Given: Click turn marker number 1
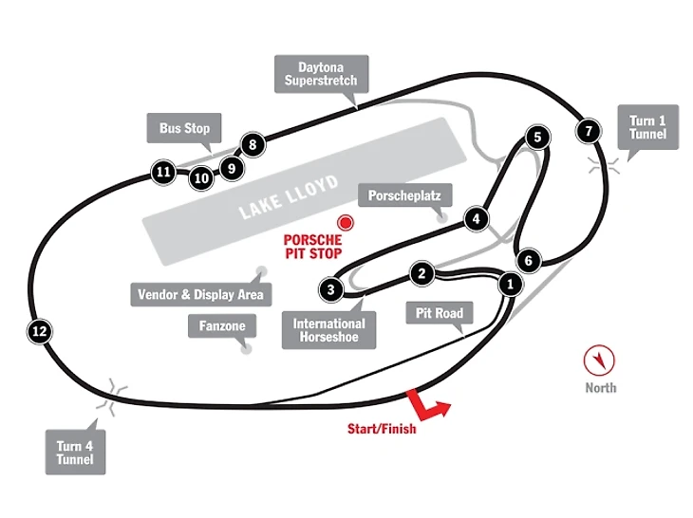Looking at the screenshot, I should coord(511,283).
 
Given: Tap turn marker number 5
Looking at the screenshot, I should coord(537,138).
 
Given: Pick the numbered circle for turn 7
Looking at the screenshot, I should coord(590,131).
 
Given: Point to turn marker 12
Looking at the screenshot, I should coord(39,331).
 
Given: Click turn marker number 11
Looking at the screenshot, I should coord(163,172).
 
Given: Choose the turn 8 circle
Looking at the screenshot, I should coord(252,145).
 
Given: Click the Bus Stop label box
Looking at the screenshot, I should coord(185,128).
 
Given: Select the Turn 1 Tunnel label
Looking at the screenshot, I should coord(648,126).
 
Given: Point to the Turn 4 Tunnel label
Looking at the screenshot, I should coord(75,452).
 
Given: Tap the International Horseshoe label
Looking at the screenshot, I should coord(329,329).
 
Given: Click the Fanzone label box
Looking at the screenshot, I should coord(222,326).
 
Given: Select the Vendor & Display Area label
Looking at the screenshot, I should coord(199,294).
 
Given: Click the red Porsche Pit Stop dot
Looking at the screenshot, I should coord(346,223).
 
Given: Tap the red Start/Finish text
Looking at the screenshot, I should coord(382,429).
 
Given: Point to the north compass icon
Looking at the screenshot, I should coord(601,359).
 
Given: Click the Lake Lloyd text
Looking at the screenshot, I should coord(289,196).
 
